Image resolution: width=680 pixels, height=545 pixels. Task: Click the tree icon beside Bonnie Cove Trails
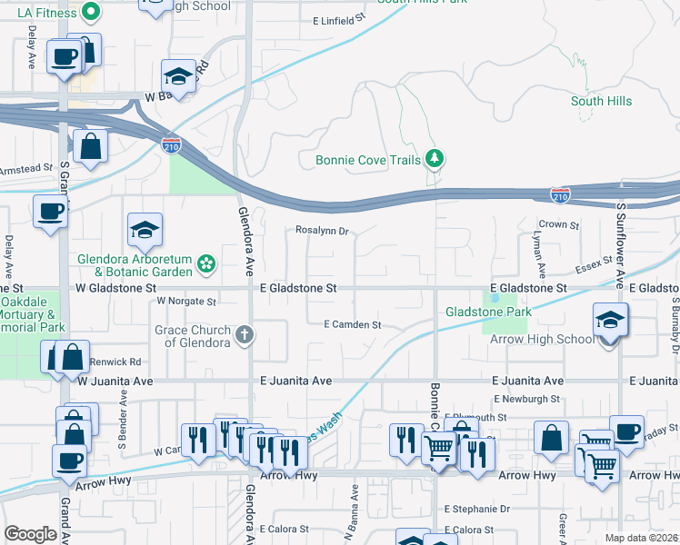tap(435, 160)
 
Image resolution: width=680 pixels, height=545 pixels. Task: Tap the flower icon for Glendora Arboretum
tap(207, 264)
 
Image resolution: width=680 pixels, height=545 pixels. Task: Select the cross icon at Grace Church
tap(243, 335)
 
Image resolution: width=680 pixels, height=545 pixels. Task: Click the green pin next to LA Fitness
tap(89, 12)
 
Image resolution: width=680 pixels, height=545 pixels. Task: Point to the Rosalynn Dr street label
tap(323, 231)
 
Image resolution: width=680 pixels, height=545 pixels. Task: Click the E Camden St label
tap(352, 324)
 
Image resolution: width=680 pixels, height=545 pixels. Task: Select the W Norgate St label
tap(186, 301)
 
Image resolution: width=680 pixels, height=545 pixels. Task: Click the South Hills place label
tap(601, 101)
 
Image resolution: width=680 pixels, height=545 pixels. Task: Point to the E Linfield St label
tap(337, 18)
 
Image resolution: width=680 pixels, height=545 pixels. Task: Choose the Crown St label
tap(559, 224)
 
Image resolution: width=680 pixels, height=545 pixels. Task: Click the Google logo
tap(30, 533)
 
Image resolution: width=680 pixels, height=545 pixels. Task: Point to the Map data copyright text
tap(641, 538)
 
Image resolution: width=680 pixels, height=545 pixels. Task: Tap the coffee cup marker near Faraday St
tap(626, 431)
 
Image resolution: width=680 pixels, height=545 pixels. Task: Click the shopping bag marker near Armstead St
tap(91, 146)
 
